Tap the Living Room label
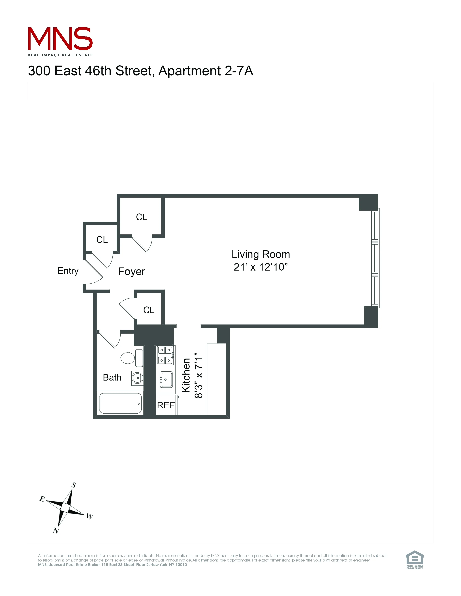tap(261, 254)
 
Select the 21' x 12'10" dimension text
tap(261, 267)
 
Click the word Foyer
tap(131, 271)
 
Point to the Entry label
tap(68, 271)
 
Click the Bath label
tap(112, 377)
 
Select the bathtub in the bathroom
tap(120, 403)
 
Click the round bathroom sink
tap(137, 378)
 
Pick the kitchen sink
tap(166, 379)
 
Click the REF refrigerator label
tap(166, 405)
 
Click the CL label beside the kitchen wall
tap(149, 310)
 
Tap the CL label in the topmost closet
tap(142, 217)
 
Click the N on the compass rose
tap(56, 531)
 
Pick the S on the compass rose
tap(74, 485)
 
